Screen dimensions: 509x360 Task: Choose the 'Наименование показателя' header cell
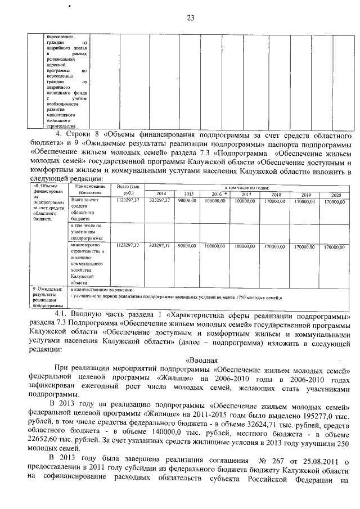pyautogui.click(x=89, y=190)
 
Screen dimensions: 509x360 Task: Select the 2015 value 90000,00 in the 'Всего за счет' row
pyautogui.click(x=187, y=200)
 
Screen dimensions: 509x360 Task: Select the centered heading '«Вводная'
pyautogui.click(x=201, y=360)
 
